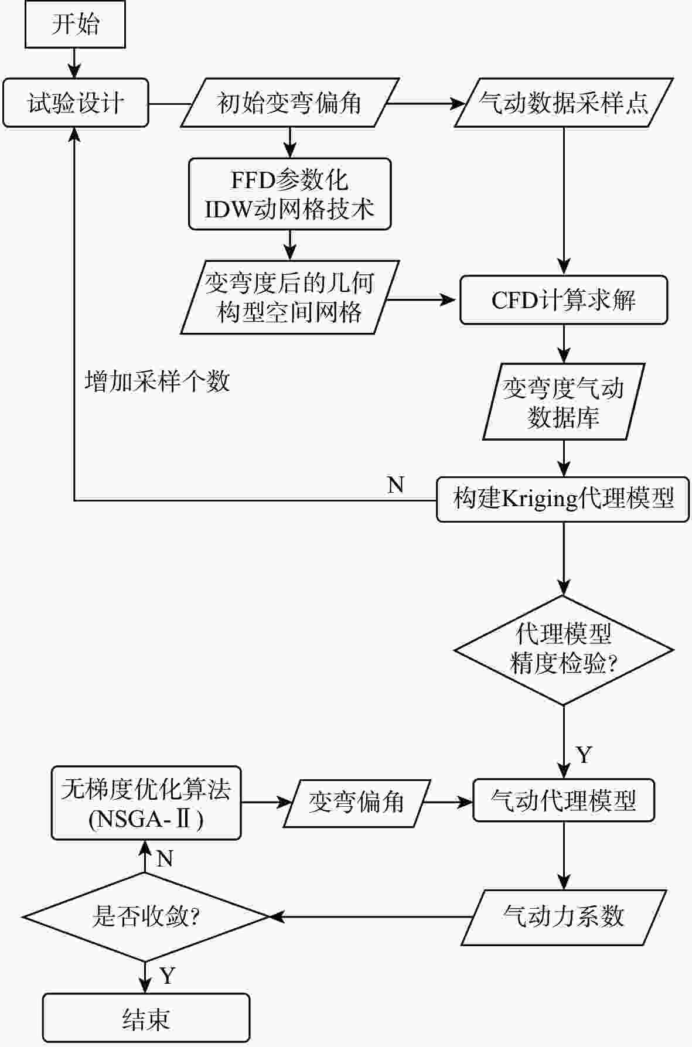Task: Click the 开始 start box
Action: coord(75,24)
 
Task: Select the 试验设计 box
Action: coord(76,103)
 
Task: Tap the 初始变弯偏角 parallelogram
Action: coord(289,103)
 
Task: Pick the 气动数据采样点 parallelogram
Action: coord(564,103)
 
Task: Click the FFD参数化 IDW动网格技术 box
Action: coord(289,194)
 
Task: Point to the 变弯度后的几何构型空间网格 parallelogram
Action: coord(289,298)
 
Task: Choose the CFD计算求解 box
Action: coord(564,300)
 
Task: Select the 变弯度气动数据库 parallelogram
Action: coord(564,402)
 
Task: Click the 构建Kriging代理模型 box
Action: coord(563,499)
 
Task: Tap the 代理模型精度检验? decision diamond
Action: coord(564,650)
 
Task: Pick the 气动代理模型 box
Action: coord(564,800)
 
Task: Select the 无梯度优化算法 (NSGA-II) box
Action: coord(146,803)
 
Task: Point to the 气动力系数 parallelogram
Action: coord(564,918)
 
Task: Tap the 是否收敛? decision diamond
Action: coord(145,917)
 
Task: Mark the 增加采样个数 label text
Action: coord(157,381)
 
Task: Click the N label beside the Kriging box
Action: coord(396,485)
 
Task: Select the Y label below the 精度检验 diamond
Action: coord(584,755)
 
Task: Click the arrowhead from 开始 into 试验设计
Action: coord(74,71)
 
